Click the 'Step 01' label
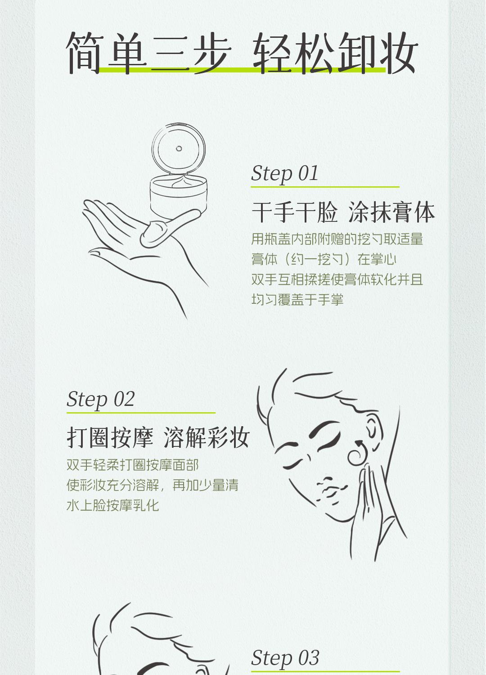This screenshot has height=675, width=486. pyautogui.click(x=284, y=174)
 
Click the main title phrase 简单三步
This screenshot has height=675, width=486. pyautogui.click(x=148, y=53)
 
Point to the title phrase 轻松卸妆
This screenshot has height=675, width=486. pyautogui.click(x=335, y=53)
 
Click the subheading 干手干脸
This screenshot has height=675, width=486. pyautogui.click(x=295, y=212)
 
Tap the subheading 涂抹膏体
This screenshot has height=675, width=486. pyautogui.click(x=391, y=212)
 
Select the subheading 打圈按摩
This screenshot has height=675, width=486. pyautogui.click(x=110, y=437)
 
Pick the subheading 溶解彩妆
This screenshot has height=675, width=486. pyautogui.click(x=207, y=437)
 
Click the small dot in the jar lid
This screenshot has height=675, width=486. pyautogui.click(x=179, y=148)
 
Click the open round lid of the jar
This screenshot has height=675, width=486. pyautogui.click(x=179, y=148)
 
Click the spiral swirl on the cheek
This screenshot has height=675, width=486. pyautogui.click(x=358, y=452)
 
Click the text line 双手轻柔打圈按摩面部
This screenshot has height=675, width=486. pyautogui.click(x=133, y=465)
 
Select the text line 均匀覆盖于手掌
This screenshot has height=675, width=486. pyautogui.click(x=297, y=300)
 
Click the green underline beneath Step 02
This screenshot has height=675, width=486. pyautogui.click(x=141, y=413)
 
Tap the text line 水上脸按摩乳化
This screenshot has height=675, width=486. pyautogui.click(x=112, y=505)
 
